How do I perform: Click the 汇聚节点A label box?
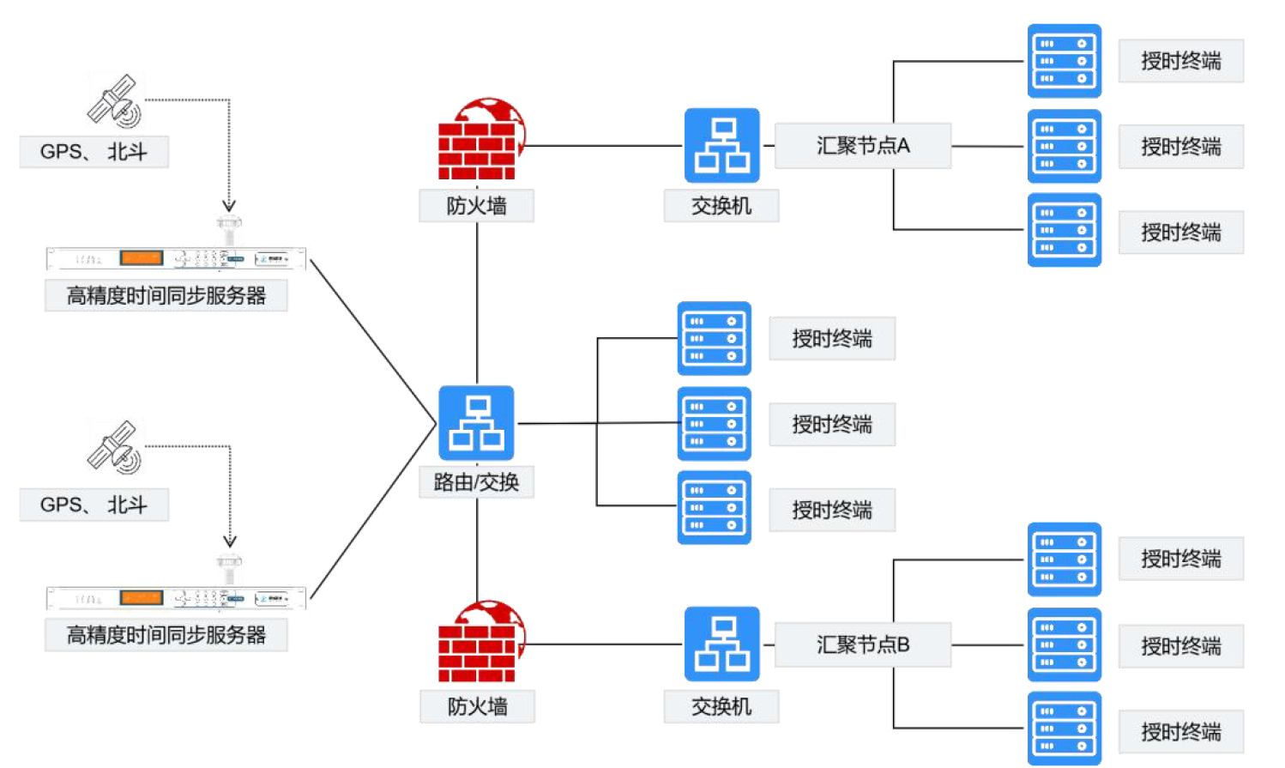[863, 146]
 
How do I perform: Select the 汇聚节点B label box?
[863, 644]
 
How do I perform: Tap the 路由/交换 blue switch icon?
[476, 423]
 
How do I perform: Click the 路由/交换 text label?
[476, 482]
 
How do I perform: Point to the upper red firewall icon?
[479, 140]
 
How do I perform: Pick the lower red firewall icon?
[479, 642]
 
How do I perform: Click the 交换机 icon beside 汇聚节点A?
[721, 145]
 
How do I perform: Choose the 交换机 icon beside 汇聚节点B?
[721, 644]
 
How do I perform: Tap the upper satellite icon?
[115, 101]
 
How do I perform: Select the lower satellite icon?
[115, 447]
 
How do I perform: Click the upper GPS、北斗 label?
[94, 152]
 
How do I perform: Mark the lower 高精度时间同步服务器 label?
[166, 635]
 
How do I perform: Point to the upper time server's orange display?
[142, 257]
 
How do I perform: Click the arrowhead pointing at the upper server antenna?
[229, 205]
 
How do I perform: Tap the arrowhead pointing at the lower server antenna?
[230, 541]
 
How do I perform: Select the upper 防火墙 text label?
[476, 206]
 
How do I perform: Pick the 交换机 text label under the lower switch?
[721, 706]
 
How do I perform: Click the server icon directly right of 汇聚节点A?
[1064, 146]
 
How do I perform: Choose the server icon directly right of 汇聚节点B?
[1064, 644]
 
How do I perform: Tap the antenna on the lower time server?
[229, 568]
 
